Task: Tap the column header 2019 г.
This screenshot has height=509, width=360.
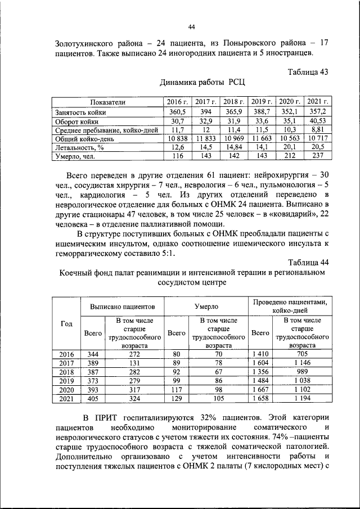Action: [262, 102]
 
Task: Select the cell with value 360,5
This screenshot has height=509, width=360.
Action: [178, 111]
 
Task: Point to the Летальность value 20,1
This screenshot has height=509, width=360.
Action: [290, 147]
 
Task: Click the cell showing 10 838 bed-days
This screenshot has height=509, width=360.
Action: [178, 138]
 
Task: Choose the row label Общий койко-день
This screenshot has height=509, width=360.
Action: [81, 138]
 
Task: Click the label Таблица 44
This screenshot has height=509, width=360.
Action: [308, 262]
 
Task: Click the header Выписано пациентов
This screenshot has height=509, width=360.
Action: [123, 307]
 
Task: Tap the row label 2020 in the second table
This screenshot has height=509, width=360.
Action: [66, 390]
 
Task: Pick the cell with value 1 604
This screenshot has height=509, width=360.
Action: [260, 363]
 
